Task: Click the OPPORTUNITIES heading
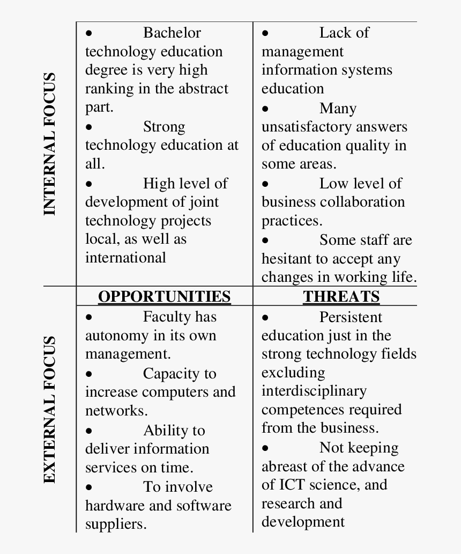(164, 296)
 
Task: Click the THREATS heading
(341, 296)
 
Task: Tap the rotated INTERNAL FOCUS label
(49, 144)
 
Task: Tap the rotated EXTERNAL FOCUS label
(49, 410)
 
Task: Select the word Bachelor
(172, 33)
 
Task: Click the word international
(125, 258)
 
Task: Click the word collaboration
(362, 202)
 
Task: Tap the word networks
(116, 411)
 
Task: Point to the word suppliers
(115, 524)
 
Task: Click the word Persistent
(351, 317)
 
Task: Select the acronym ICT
(292, 485)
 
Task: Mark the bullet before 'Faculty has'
(89, 317)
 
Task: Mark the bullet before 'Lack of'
(265, 33)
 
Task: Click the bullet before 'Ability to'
(89, 431)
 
